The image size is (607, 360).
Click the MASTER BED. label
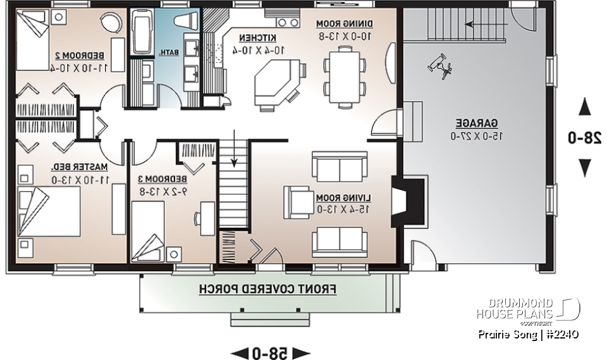[x=82, y=167]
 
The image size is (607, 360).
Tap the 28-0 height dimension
[x=585, y=137]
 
